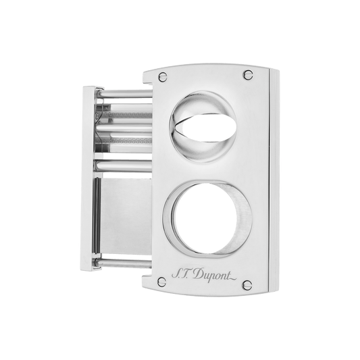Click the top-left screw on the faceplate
coord(163,77)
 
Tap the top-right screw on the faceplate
coord(248,74)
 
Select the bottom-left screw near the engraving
coord(162,282)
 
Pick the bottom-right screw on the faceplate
coord(247,285)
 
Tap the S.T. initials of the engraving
coord(182,274)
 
